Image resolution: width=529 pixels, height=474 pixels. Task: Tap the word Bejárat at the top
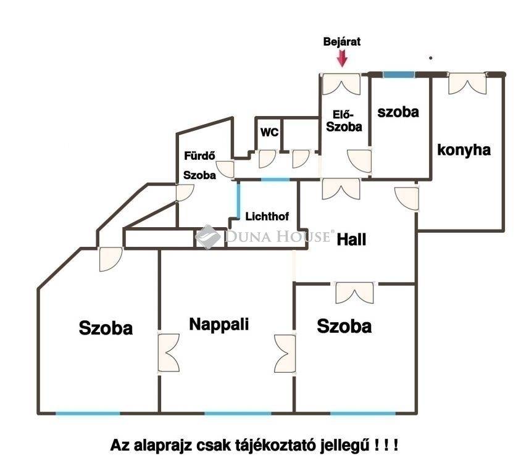tap(342, 42)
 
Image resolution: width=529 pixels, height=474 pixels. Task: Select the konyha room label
tap(464, 149)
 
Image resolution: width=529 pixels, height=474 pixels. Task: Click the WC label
tap(269, 132)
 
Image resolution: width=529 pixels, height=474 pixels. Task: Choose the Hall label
tap(351, 239)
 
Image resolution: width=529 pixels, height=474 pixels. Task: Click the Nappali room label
tap(219, 324)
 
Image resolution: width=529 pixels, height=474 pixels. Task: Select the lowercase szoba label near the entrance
tap(398, 112)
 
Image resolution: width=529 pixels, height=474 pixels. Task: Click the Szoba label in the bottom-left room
tap(106, 328)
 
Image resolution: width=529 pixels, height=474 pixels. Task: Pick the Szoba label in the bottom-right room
tap(344, 326)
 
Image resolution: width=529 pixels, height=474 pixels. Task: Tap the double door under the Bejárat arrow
tap(341, 84)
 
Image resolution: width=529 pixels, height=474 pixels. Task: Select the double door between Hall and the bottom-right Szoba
tap(354, 292)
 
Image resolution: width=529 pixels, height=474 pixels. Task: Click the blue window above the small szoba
tap(398, 75)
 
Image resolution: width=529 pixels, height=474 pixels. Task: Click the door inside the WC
tap(267, 159)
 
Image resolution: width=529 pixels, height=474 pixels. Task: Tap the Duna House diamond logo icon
tap(208, 236)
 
